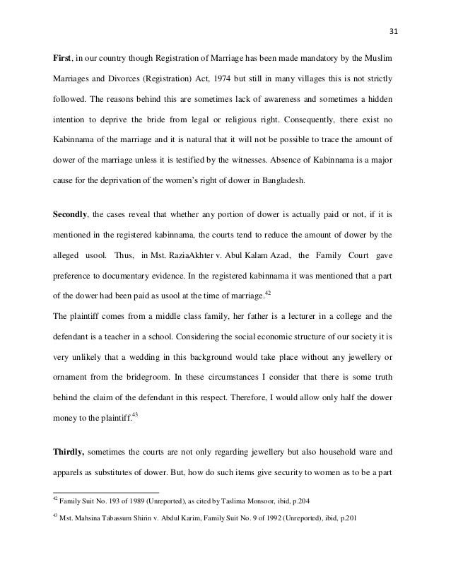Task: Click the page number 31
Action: tap(394, 17)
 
